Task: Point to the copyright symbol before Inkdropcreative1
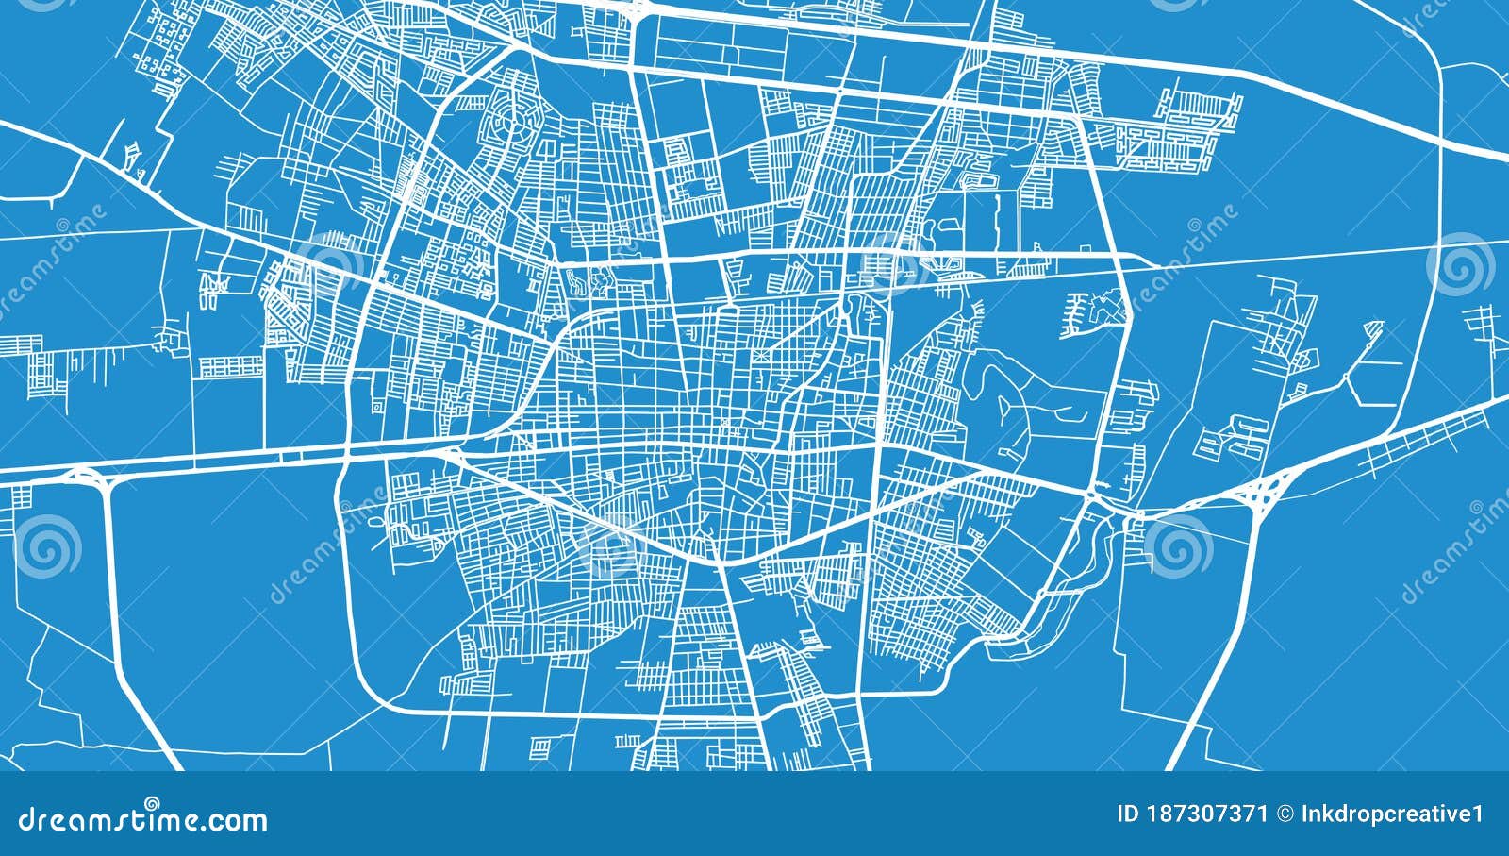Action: tap(1284, 814)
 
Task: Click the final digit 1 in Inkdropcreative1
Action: tap(1478, 814)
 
